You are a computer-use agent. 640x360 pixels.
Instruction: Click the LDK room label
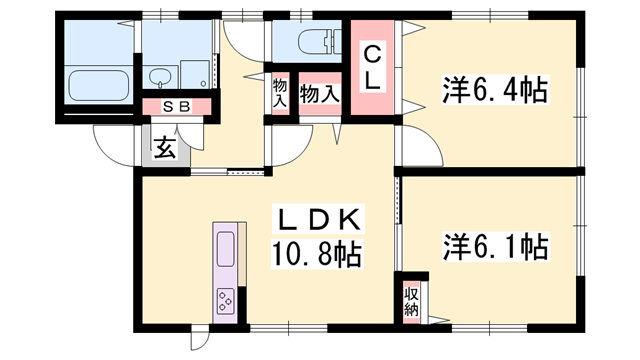[318, 220]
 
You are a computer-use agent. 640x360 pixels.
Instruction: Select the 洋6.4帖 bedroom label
[495, 90]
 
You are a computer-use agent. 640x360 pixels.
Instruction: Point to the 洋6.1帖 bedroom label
[495, 247]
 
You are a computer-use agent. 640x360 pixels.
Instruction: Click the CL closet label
[372, 68]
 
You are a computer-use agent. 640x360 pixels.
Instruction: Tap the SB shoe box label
[176, 107]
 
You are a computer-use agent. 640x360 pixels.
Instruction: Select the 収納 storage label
[411, 302]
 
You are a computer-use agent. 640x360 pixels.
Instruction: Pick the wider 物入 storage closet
[320, 95]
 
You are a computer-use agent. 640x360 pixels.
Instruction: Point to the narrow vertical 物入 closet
[280, 93]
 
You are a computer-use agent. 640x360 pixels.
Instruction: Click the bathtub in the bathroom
[98, 85]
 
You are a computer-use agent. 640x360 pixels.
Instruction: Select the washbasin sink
[159, 76]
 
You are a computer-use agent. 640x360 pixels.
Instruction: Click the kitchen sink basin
[225, 249]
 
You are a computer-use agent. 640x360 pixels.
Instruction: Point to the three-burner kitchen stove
[225, 301]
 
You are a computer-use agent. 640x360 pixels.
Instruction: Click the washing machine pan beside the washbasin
[195, 74]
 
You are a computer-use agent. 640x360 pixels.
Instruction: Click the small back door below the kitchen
[199, 337]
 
